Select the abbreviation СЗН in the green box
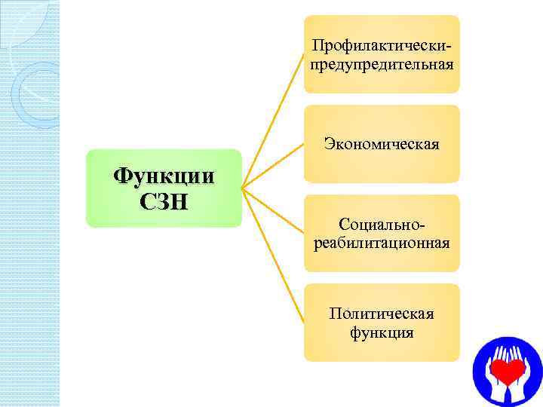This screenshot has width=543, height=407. (164, 201)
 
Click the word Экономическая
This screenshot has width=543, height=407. (382, 143)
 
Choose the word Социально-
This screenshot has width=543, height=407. (382, 225)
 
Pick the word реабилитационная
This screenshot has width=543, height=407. (382, 243)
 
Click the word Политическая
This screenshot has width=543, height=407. (382, 314)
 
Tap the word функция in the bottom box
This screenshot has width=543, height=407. (382, 332)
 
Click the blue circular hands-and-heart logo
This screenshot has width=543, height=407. (507, 372)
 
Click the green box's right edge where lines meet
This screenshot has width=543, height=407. (241, 188)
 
